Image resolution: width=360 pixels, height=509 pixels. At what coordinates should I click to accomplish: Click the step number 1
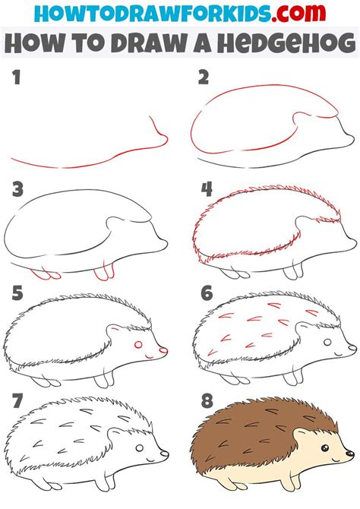[17, 77]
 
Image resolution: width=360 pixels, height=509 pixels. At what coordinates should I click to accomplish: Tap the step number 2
[203, 77]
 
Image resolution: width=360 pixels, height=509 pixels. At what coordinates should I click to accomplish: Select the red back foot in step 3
[45, 272]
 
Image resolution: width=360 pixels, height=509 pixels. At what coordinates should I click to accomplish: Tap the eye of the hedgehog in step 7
[139, 450]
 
